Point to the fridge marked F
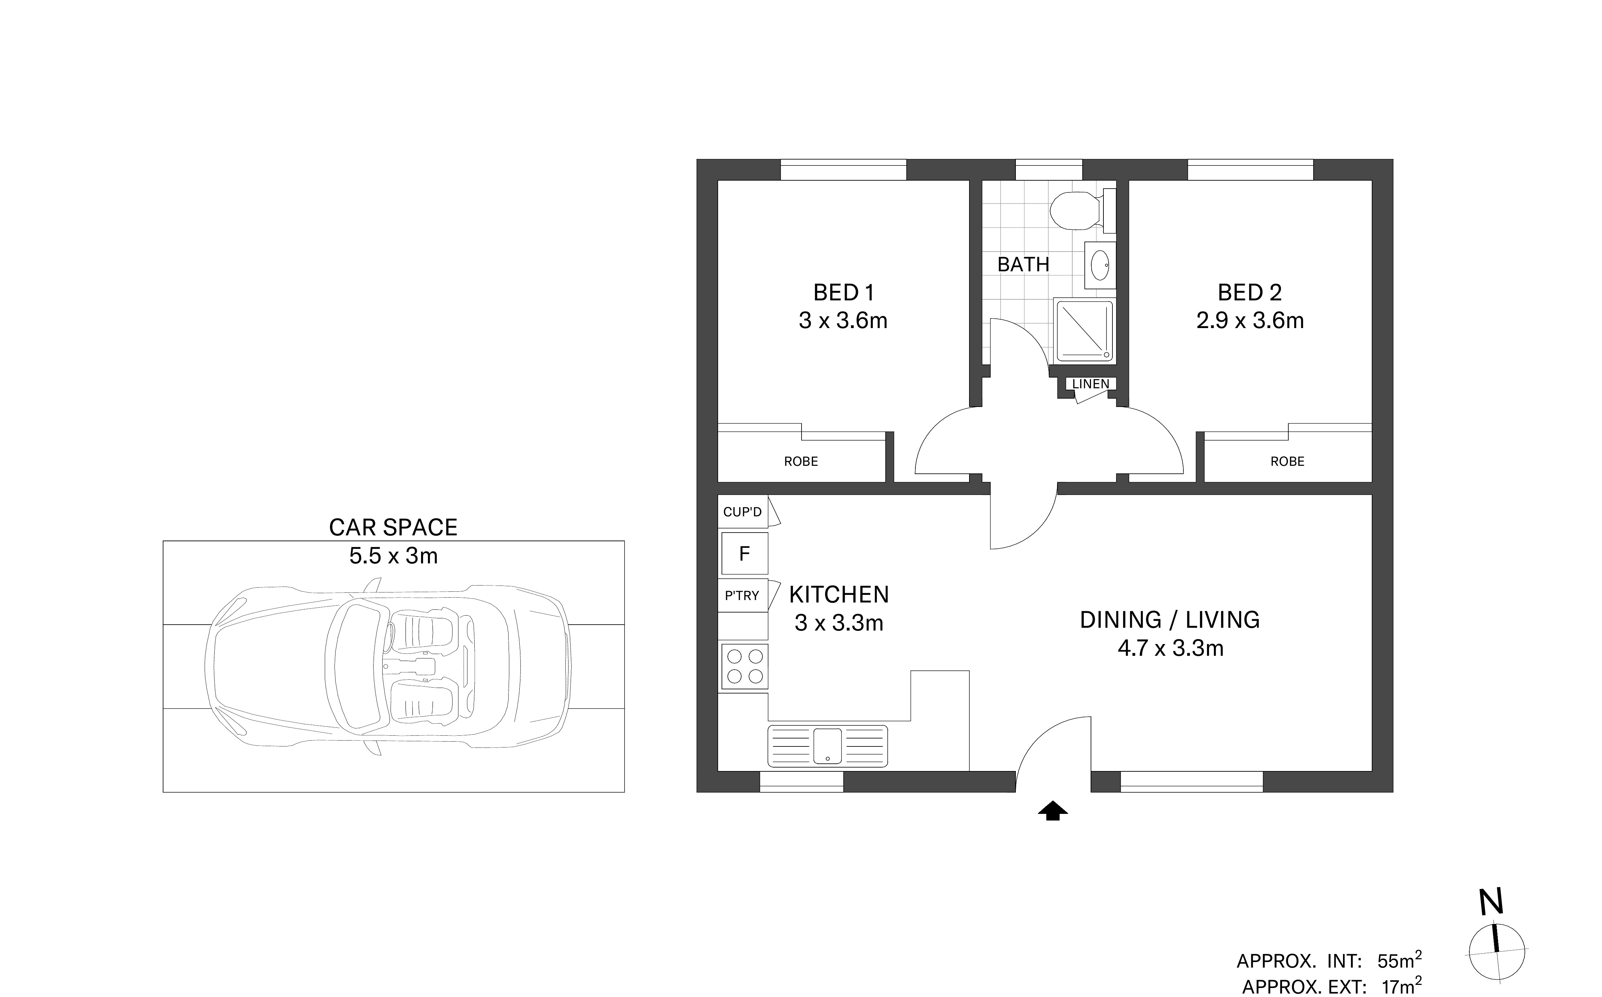click(745, 553)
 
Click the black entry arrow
click(1053, 811)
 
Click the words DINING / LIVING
click(1169, 620)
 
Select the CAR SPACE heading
click(393, 527)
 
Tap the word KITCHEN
click(839, 595)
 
